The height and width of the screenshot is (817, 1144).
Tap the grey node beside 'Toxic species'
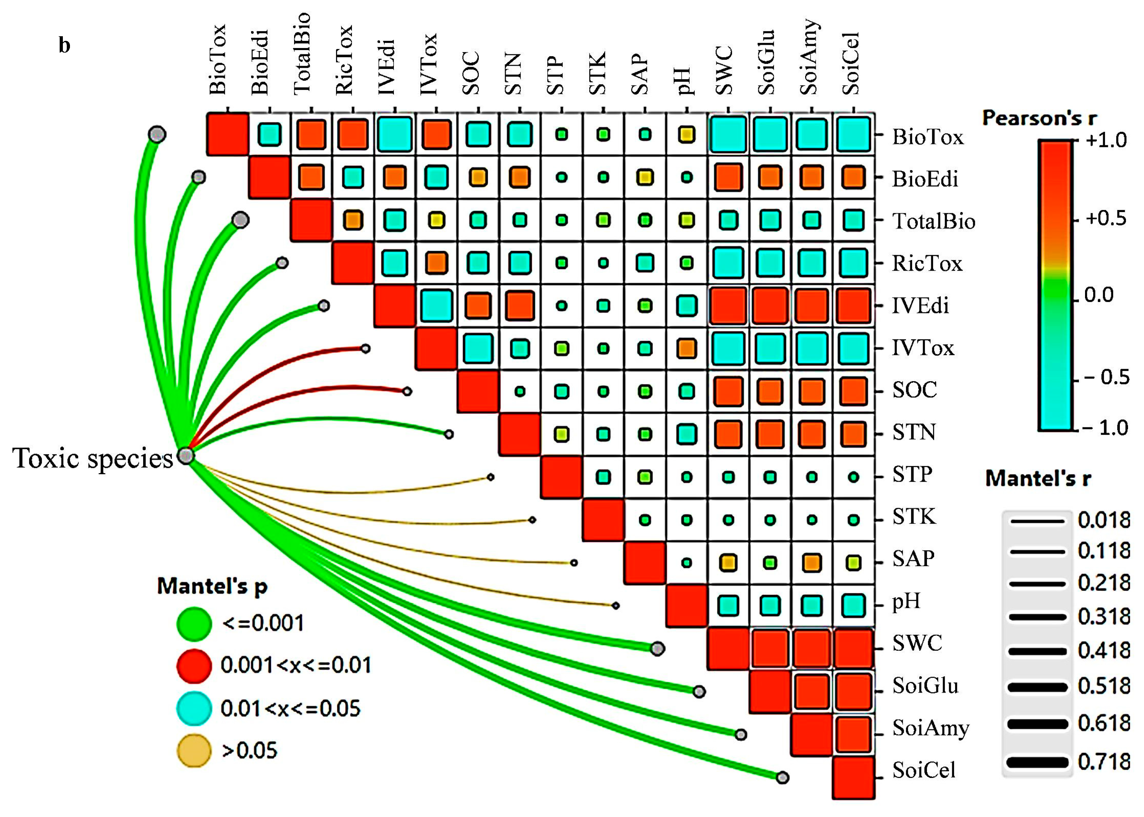click(x=185, y=456)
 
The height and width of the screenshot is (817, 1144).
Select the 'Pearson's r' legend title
click(x=1039, y=118)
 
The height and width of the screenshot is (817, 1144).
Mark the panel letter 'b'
click(x=64, y=45)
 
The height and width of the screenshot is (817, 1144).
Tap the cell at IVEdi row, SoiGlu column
click(x=770, y=305)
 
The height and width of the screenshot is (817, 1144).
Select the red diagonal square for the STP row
click(x=561, y=477)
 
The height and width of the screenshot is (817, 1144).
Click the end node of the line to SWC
click(x=657, y=649)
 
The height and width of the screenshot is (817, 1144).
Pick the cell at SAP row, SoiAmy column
click(x=812, y=562)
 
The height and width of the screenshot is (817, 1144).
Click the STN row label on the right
click(x=914, y=433)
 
